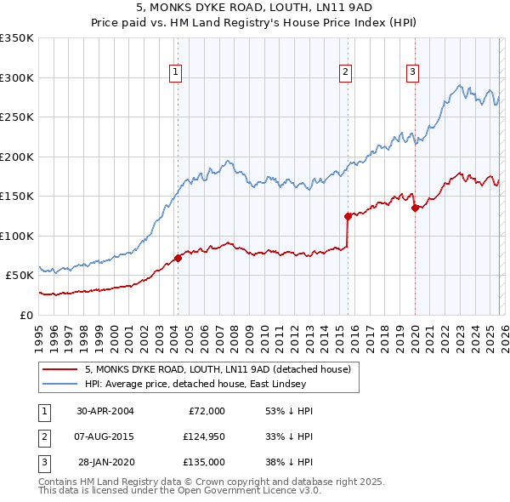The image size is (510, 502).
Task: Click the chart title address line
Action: pos(255,9)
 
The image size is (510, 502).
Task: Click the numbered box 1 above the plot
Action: pos(175,73)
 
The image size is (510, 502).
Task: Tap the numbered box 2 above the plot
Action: pos(347,73)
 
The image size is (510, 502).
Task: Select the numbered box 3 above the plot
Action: pos(412,73)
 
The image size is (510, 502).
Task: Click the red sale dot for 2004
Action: pos(178,258)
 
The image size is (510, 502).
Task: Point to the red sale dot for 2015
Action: pos(348,216)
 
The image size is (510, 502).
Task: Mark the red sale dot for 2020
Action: pos(415,208)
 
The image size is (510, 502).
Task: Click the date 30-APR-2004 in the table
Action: pos(105,411)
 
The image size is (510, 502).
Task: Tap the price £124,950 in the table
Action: pos(201,436)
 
